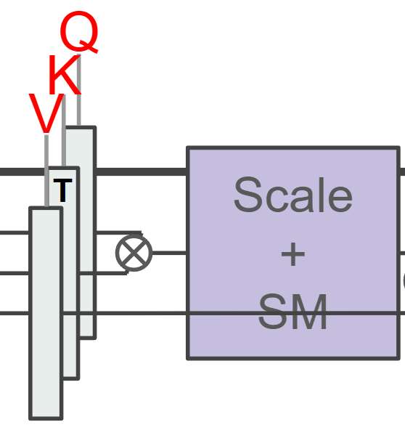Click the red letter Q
[x=79, y=31]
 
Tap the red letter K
[x=65, y=75]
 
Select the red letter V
[x=46, y=114]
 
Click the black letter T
[x=62, y=190]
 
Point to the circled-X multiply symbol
[x=134, y=253]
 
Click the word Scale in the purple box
[x=293, y=195]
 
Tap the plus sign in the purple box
[x=293, y=254]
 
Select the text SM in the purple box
[x=292, y=312]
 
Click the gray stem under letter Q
[x=79, y=89]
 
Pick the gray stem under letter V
[x=46, y=171]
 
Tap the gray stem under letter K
[x=64, y=130]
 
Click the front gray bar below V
[x=46, y=313]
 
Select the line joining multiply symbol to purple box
[x=169, y=253]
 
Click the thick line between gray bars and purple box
[x=142, y=171]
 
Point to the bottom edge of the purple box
[x=293, y=358]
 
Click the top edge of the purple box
[x=293, y=148]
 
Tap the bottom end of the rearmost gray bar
[x=88, y=338]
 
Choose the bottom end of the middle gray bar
[x=71, y=378]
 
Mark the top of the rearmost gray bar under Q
[x=81, y=127]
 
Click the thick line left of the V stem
[x=22, y=171]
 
